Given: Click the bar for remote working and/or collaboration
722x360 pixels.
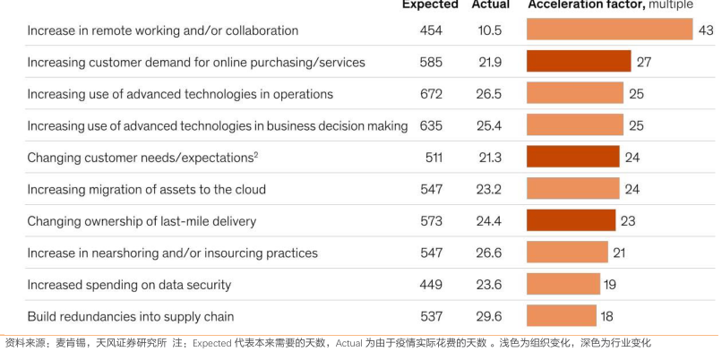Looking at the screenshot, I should pos(609,30).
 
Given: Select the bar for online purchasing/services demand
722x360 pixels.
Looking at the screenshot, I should pos(579,62).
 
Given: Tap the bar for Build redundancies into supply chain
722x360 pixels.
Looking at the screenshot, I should pos(561,315).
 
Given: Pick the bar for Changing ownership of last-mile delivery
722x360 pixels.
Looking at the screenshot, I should pos(571,220).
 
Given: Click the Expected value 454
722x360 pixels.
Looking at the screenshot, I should pos(431,30).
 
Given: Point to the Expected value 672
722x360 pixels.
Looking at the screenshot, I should pos(431,94).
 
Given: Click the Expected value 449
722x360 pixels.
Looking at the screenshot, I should pos(431,285).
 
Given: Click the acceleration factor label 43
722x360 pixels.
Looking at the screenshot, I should pos(705,30).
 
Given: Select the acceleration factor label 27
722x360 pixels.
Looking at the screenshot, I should pos(643,63).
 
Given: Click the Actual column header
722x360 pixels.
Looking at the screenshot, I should pos(491,4).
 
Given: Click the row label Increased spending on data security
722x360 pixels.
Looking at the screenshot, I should pos(129,285).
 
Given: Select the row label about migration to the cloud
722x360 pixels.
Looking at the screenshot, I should pos(146,190).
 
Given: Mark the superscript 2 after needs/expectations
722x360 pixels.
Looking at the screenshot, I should pos(255,154).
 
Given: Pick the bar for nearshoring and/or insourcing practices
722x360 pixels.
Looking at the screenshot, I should pos(567,253).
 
